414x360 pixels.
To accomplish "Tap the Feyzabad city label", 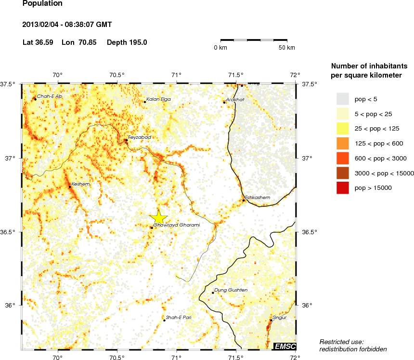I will pyautogui.click(x=140, y=137).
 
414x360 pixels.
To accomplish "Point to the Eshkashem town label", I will pyautogui.click(x=257, y=198).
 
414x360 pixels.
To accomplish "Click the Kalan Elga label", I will pyautogui.click(x=158, y=99).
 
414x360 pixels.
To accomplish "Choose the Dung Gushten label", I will pyautogui.click(x=231, y=290).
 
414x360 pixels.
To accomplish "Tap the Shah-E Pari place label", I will pyautogui.click(x=179, y=318).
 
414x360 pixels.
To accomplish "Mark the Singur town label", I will pyautogui.click(x=280, y=318).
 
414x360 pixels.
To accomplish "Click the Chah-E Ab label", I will pyautogui.click(x=50, y=96).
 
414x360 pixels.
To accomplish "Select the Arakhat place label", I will pyautogui.click(x=235, y=100).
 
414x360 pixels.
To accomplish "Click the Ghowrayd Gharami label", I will pyautogui.click(x=176, y=225).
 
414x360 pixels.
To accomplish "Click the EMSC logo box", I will pyautogui.click(x=285, y=346).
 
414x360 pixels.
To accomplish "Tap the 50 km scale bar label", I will pyautogui.click(x=287, y=48).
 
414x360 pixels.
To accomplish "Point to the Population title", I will pyautogui.click(x=42, y=3).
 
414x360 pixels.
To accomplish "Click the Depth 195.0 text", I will pyautogui.click(x=127, y=42).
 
